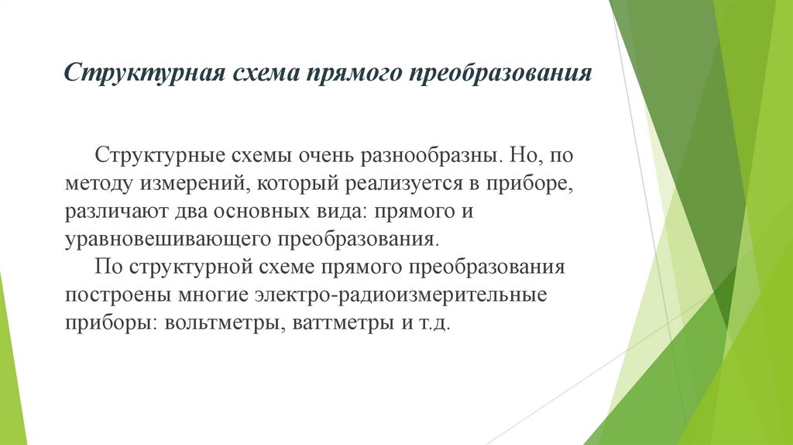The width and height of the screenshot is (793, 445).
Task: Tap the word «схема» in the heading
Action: tap(263, 74)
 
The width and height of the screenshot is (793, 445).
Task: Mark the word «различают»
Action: tap(113, 211)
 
